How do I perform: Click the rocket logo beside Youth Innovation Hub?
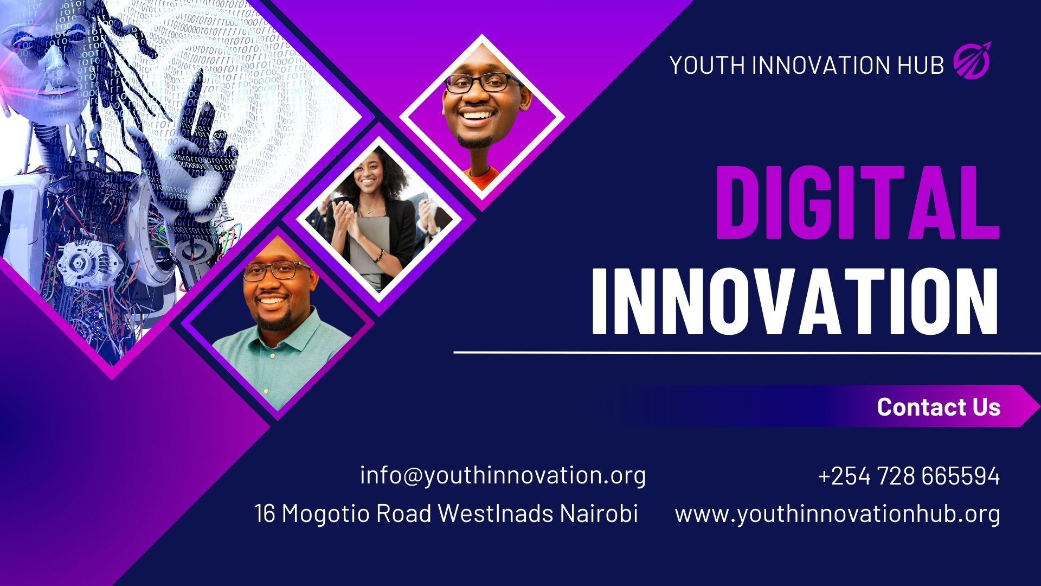click(x=972, y=60)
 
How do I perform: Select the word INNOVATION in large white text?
click(x=794, y=301)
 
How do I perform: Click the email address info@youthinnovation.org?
click(x=503, y=476)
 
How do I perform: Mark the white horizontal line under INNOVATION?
click(x=747, y=353)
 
